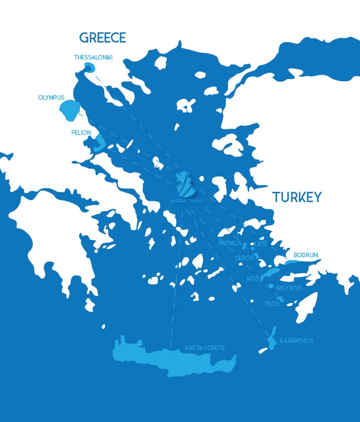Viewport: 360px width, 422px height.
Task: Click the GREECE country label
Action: (102, 37)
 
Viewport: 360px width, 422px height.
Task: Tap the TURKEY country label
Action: (296, 197)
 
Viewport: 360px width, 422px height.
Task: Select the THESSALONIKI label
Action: (93, 57)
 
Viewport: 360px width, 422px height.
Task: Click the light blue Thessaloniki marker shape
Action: (89, 68)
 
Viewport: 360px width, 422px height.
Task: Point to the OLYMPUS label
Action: (51, 97)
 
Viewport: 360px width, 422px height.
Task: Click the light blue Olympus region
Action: (69, 111)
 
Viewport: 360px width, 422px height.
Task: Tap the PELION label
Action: (81, 132)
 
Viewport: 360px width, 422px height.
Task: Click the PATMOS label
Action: (230, 243)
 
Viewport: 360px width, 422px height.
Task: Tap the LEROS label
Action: (244, 258)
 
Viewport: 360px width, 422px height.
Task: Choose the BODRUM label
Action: (306, 255)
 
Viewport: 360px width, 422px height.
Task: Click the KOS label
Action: (253, 278)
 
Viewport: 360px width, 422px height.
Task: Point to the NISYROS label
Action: (288, 288)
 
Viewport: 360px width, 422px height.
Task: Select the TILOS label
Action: (272, 304)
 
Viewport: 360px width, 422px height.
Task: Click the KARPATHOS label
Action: (296, 341)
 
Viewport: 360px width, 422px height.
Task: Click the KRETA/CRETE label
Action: (205, 347)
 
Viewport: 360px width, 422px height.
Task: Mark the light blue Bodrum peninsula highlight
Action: (293, 262)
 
